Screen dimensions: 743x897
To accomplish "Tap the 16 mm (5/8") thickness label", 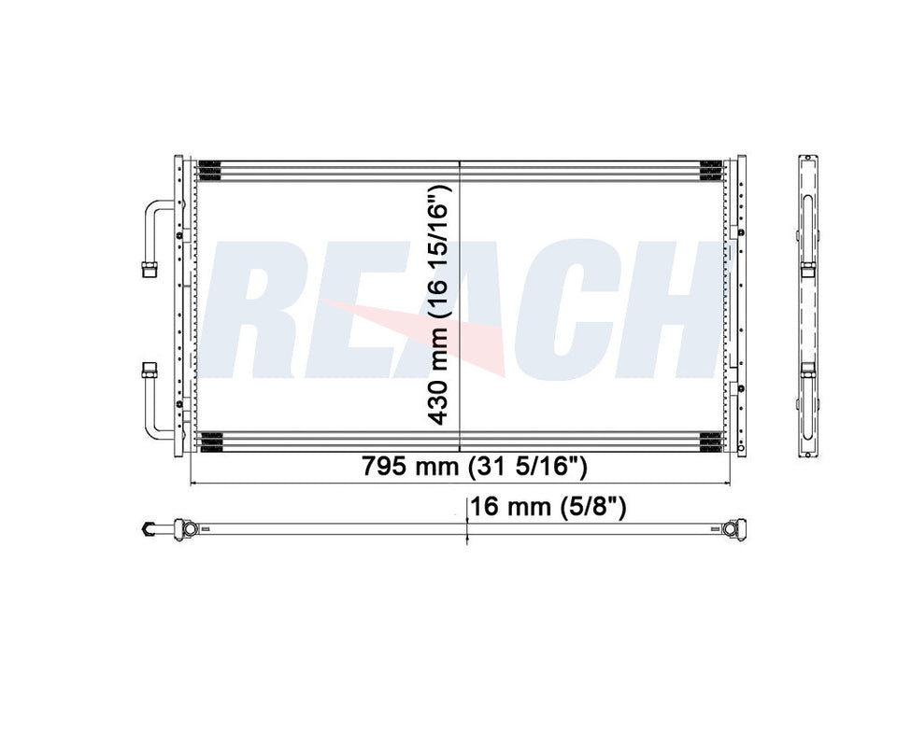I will click(547, 507).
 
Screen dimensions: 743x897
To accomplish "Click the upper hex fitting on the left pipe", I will click(149, 269).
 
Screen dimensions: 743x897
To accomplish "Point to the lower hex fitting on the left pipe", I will click(149, 371).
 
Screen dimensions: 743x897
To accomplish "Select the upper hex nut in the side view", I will click(808, 269).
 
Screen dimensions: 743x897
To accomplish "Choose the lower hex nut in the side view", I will click(808, 371).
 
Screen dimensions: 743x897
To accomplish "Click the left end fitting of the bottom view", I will click(149, 529).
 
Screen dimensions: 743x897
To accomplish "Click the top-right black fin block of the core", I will click(710, 169).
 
